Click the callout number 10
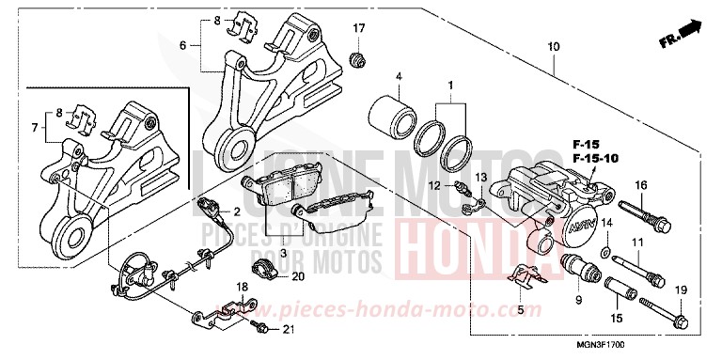[552, 46]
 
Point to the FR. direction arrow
[682, 33]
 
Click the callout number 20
[298, 276]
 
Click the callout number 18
[242, 286]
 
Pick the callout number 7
[36, 128]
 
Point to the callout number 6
[184, 43]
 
